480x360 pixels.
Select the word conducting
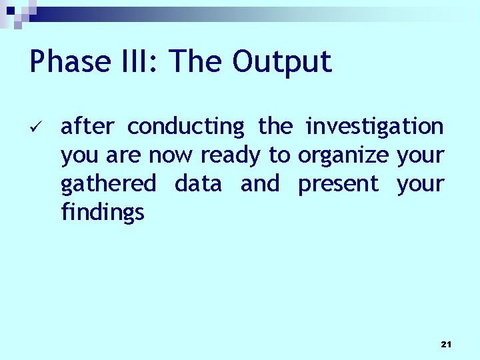click(x=186, y=126)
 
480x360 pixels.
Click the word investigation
click(x=374, y=126)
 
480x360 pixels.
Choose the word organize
click(x=343, y=155)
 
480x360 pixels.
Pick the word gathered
click(x=108, y=183)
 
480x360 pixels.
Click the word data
click(x=198, y=183)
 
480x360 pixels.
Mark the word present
click(x=338, y=183)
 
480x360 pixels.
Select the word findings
click(x=102, y=212)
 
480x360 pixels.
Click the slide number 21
click(x=446, y=344)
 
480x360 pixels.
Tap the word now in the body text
click(x=171, y=155)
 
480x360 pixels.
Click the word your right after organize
click(x=420, y=155)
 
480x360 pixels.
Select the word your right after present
click(x=420, y=183)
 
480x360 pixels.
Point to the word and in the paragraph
click(x=260, y=183)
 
